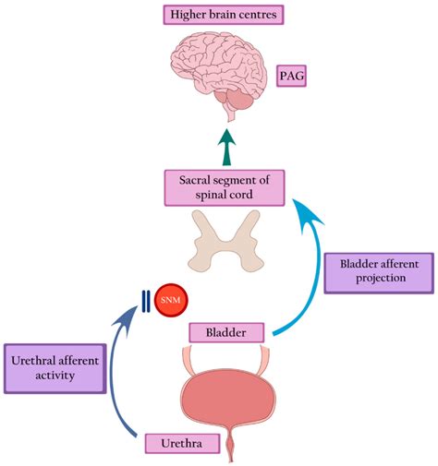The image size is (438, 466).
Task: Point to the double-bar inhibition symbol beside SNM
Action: tap(145, 301)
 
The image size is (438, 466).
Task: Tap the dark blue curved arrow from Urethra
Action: tap(117, 369)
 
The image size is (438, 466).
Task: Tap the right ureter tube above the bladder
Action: tap(269, 354)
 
